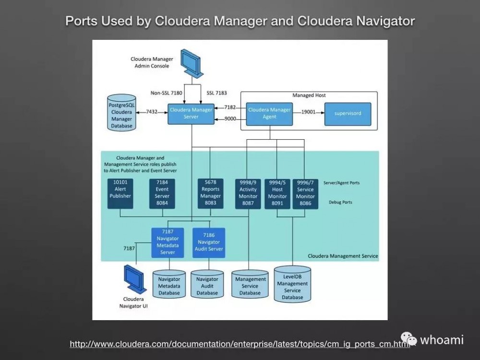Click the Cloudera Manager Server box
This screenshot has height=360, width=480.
pos(191,113)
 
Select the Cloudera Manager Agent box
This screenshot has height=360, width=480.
pos(269,113)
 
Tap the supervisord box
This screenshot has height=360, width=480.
pos(348,114)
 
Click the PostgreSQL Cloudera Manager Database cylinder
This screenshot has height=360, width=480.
pos(121,112)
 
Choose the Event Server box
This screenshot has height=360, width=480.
pos(162,193)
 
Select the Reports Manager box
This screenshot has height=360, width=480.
pos(210,193)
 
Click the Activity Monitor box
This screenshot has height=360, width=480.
pos(248,193)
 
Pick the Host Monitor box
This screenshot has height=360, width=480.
pos(277,193)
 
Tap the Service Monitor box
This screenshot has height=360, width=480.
pos(305,193)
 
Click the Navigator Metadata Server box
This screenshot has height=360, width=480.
pos(168,242)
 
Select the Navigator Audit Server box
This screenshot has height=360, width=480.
pos(209,242)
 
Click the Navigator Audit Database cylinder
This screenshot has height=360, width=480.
pos(207,285)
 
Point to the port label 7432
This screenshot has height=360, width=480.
pos(152,111)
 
